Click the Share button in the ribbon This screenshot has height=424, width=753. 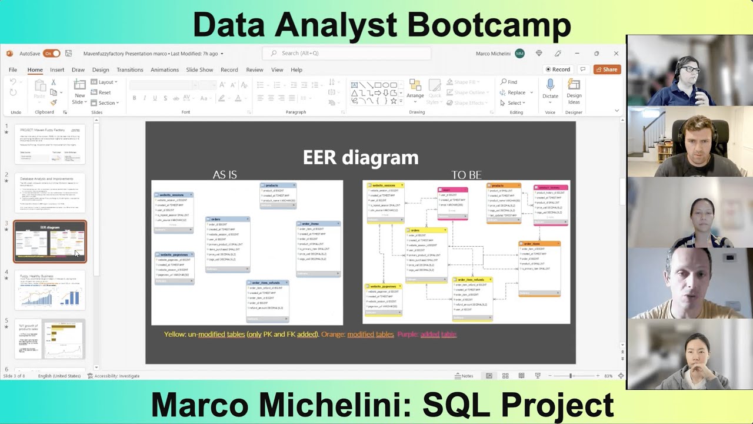(x=607, y=69)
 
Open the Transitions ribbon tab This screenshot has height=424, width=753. (x=129, y=69)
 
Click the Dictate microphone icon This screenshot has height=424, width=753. (x=550, y=85)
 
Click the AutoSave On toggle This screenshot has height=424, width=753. (x=51, y=54)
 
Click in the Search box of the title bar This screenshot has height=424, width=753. (x=347, y=53)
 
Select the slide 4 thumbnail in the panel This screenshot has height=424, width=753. (x=50, y=290)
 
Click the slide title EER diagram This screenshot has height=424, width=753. (x=360, y=158)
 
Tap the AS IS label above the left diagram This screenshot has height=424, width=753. (x=225, y=175)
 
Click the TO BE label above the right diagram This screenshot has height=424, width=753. (x=466, y=175)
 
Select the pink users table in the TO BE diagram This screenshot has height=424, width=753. (x=452, y=203)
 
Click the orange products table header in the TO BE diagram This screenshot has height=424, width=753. (x=503, y=185)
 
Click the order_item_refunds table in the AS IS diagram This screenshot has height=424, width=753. (x=268, y=300)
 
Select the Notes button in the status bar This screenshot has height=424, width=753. (x=464, y=376)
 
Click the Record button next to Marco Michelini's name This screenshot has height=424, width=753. (x=557, y=69)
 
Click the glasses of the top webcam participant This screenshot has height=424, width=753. (x=692, y=69)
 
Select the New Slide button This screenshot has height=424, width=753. (x=79, y=91)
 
